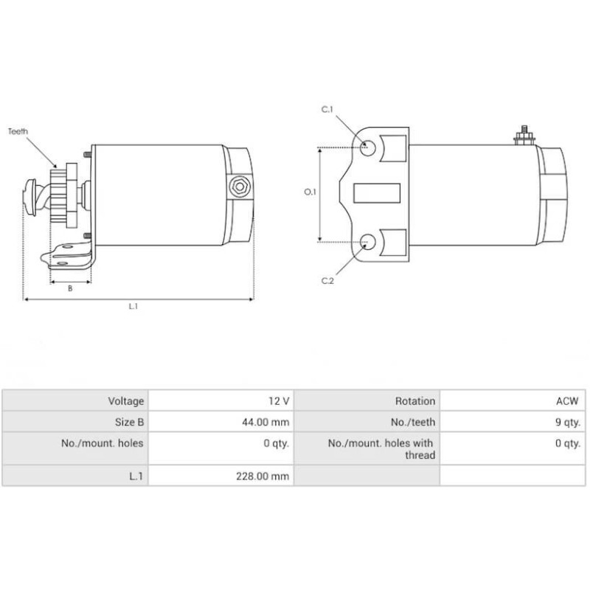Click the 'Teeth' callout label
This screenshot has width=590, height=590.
coord(18,131)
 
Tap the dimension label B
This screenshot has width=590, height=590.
coord(70,289)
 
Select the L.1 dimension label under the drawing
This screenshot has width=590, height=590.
coord(133,307)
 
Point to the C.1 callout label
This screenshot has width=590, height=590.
coord(327,110)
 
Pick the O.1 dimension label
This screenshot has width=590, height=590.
coord(310,192)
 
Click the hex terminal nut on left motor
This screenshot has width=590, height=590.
coord(238,186)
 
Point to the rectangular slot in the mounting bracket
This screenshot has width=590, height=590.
coord(377,193)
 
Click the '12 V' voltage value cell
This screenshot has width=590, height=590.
coord(221,401)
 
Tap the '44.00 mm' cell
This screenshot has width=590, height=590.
coord(221,423)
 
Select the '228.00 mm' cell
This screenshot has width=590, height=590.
coord(221,476)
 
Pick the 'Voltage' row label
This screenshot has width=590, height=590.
coord(75,401)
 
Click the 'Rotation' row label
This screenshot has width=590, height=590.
coord(367,401)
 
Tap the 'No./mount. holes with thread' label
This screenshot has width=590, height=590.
coord(367,449)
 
